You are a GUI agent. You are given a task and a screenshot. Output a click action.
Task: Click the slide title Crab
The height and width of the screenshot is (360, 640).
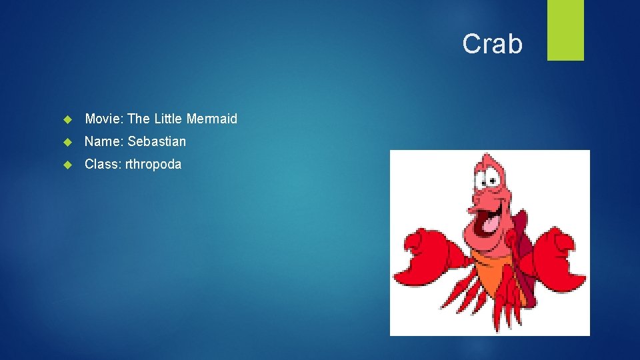pyautogui.click(x=493, y=44)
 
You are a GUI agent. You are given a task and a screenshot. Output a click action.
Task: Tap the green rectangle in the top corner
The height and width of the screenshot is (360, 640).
pyautogui.click(x=565, y=30)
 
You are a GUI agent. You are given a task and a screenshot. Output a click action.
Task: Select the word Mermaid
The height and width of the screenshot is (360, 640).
pyautogui.click(x=212, y=119)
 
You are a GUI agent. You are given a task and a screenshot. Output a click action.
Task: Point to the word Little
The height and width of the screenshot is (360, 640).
pyautogui.click(x=169, y=119)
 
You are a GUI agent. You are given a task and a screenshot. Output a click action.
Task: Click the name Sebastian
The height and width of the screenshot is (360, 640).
pyautogui.click(x=157, y=141)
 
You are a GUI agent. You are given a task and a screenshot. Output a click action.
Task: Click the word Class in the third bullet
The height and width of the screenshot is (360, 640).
pyautogui.click(x=101, y=164)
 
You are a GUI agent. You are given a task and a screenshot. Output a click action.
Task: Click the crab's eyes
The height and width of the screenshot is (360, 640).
pyautogui.click(x=492, y=175)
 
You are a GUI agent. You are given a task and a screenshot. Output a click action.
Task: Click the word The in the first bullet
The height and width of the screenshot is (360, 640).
pyautogui.click(x=139, y=119)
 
